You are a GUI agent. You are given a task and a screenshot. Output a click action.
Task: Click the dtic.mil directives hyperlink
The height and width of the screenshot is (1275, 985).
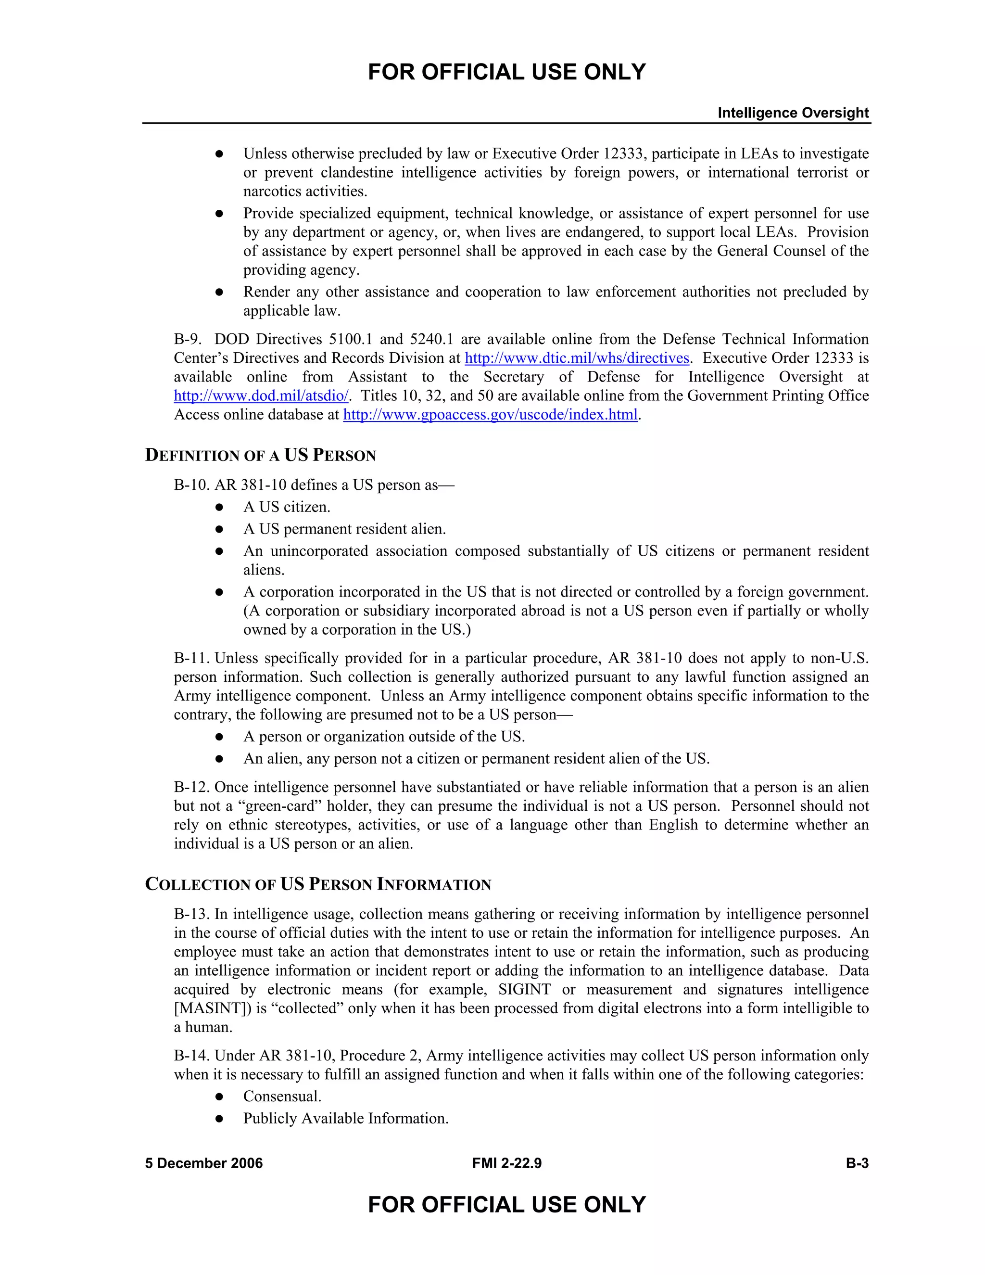577,358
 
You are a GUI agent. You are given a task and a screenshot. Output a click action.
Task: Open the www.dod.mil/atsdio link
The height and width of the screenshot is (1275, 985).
261,396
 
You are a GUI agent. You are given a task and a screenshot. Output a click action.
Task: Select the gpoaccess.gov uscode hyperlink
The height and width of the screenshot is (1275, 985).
490,415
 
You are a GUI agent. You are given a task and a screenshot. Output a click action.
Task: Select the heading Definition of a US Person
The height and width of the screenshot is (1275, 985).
260,455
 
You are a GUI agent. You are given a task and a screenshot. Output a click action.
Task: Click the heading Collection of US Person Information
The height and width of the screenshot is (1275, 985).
318,884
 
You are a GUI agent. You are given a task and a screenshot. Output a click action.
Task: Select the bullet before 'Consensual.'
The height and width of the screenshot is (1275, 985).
219,1097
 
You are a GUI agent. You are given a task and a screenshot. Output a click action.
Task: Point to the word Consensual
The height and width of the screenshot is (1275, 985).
282,1096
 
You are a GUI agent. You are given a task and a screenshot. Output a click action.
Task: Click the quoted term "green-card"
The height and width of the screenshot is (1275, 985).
280,806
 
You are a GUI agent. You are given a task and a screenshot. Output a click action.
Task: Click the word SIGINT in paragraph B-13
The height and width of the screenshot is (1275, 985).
524,990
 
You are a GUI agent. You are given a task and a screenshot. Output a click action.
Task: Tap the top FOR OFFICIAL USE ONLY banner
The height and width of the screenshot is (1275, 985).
506,72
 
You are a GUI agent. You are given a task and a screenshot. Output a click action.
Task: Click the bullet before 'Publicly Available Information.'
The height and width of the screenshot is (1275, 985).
219,1119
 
